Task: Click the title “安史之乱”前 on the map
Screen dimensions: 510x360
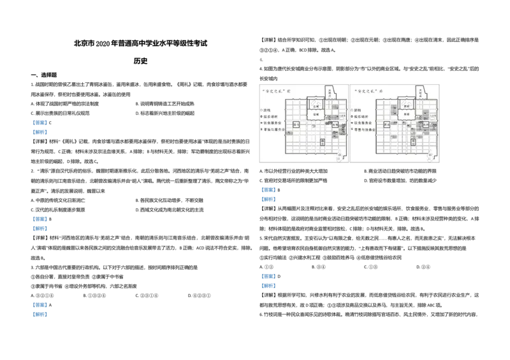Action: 276,91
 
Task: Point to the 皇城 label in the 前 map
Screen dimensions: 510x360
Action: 316,115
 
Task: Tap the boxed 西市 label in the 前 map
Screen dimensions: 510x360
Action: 296,133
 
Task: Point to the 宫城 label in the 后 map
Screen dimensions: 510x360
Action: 406,104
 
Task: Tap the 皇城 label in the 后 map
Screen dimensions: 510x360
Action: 406,115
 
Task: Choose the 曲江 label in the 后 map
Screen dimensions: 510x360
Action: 432,156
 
